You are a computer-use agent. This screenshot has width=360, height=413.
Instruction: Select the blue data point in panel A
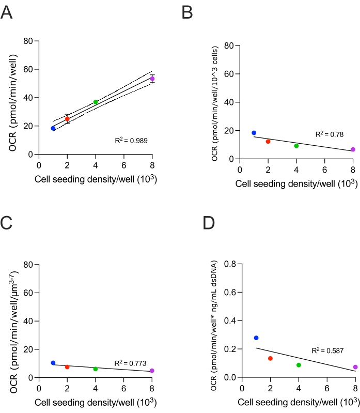pos(53,128)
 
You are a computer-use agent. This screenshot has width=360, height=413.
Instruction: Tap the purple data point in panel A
pos(152,79)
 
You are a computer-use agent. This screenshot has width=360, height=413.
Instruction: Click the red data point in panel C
pos(67,367)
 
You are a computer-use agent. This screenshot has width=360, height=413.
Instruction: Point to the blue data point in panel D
pos(256,338)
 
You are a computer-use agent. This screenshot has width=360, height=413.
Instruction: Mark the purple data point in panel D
pos(355,367)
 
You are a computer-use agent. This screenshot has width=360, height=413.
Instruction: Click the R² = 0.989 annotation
pos(132,140)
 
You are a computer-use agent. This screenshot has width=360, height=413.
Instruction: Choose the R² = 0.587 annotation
pos(327,350)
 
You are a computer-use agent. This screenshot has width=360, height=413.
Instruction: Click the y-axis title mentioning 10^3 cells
pos(215,102)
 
